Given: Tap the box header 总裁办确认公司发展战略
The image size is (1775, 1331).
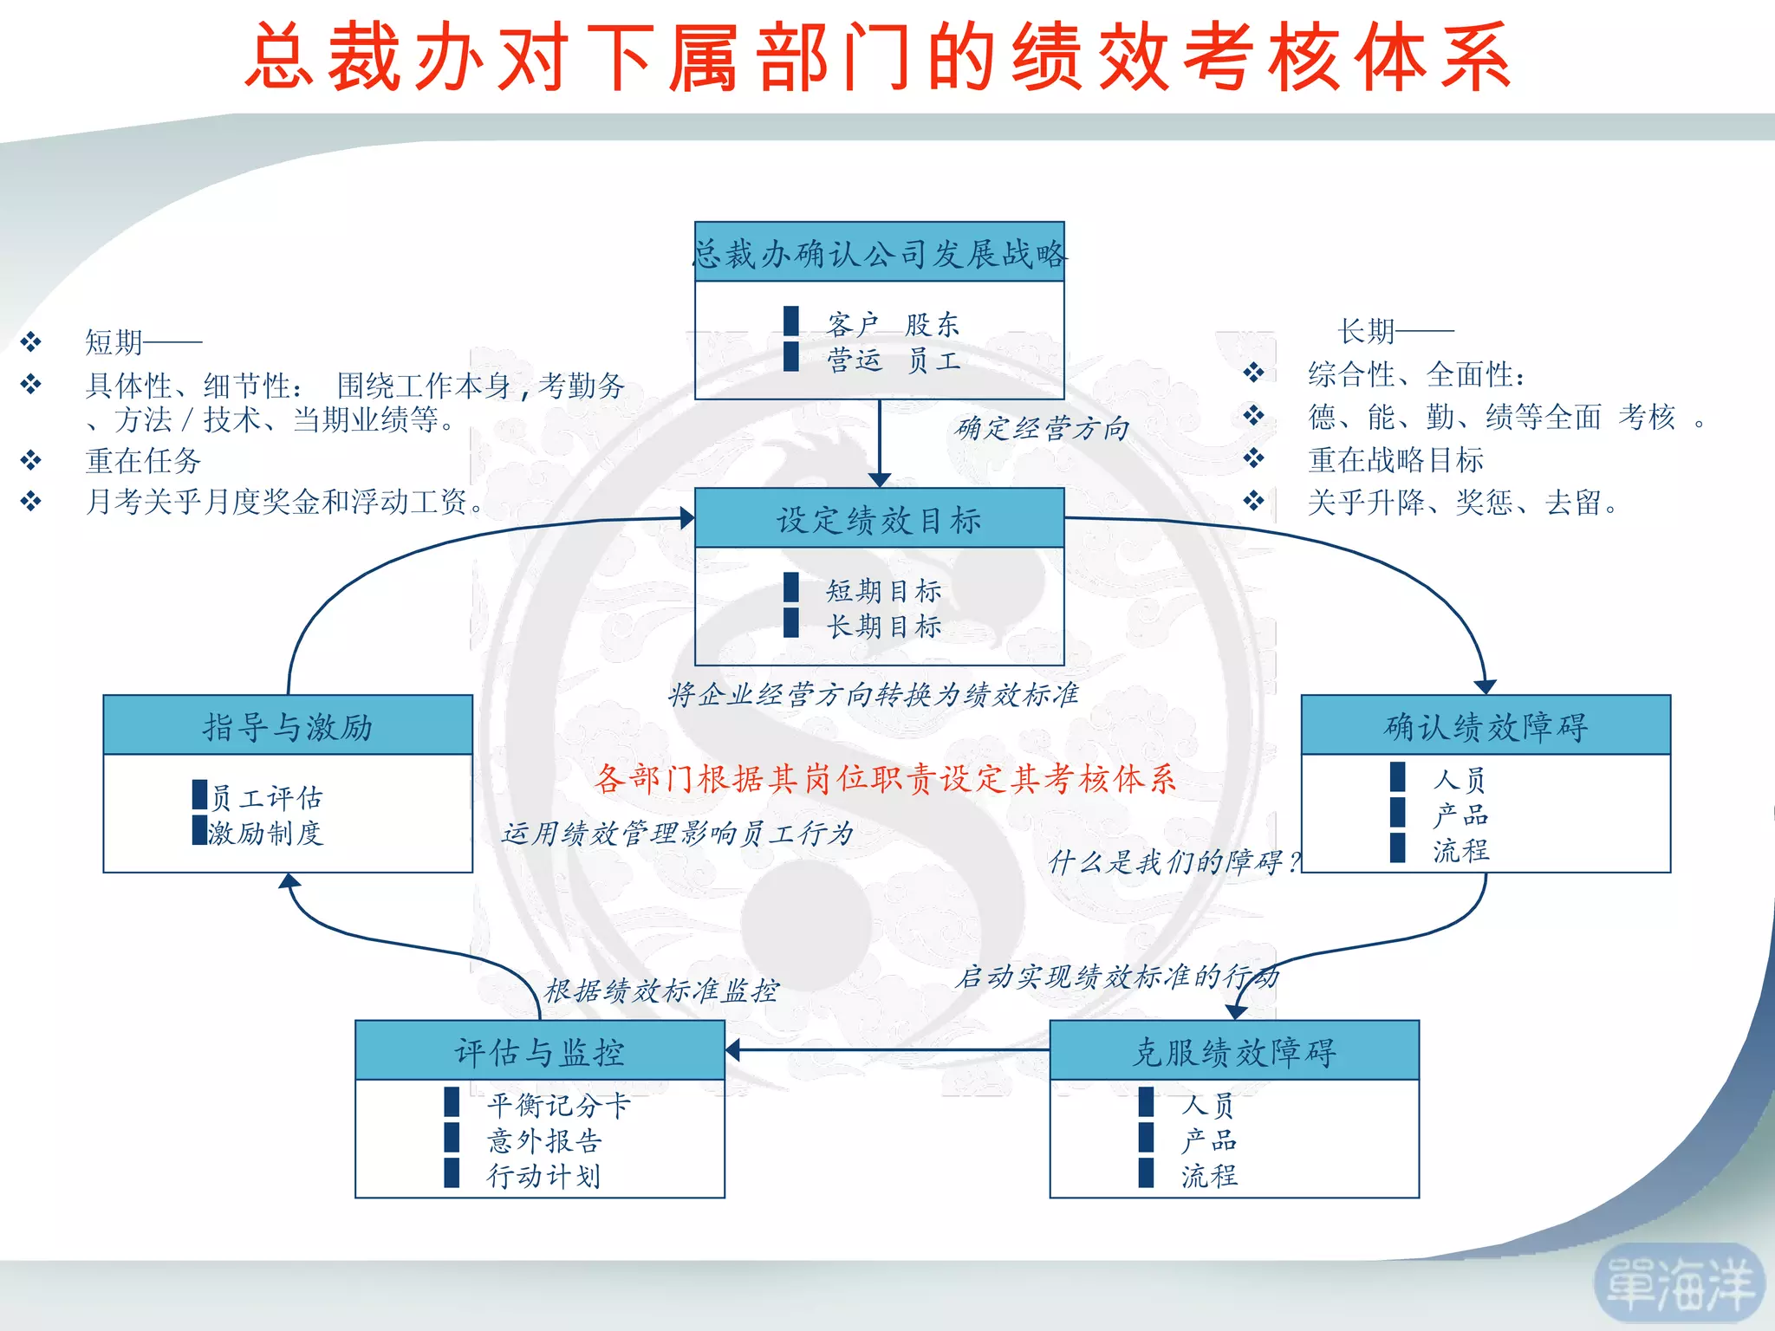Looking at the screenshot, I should [879, 253].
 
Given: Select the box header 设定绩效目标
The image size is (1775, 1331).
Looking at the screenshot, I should [879, 520].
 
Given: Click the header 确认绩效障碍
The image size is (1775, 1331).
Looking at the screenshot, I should [1486, 726].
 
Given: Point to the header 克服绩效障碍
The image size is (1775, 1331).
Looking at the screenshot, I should [1234, 1052].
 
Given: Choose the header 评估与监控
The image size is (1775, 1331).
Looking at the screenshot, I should [539, 1052].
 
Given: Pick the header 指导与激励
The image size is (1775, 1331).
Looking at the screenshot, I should [288, 726].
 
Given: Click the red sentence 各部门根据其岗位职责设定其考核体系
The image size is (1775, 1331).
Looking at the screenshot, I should [886, 778].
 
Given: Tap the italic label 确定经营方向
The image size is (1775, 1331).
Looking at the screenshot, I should [1042, 428].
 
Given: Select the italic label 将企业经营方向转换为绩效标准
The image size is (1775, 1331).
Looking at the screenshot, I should [874, 694].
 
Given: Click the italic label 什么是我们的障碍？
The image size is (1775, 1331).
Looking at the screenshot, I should [1174, 861].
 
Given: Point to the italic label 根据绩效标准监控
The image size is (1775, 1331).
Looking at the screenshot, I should [661, 990].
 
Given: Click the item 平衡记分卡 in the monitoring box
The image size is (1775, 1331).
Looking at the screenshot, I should [558, 1105].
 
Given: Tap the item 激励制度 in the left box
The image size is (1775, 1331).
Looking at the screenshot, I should [265, 833].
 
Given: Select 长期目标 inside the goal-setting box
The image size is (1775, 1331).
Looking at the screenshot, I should [883, 626].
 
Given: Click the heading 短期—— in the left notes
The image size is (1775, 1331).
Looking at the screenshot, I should [143, 342].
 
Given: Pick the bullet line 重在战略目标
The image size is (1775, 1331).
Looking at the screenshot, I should [1395, 460].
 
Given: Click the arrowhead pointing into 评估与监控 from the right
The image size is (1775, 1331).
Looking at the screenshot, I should [733, 1051].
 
